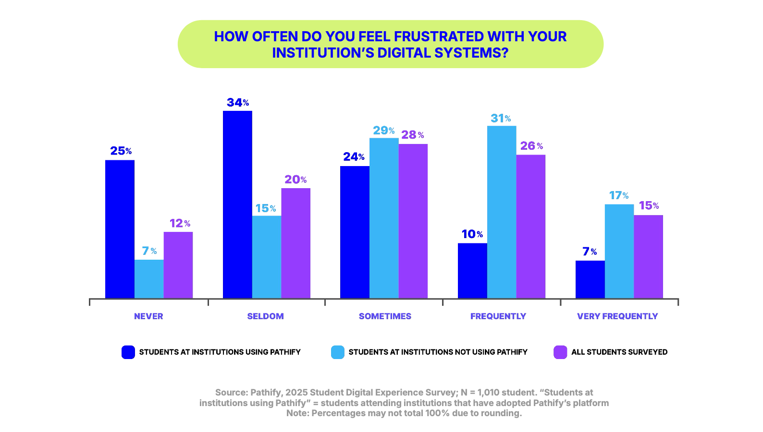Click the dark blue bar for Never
120,229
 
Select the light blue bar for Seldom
266,257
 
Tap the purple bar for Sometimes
413,221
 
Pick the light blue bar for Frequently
502,212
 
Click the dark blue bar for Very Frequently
590,279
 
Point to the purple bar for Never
178,265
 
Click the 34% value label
238,103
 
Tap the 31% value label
501,119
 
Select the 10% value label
472,234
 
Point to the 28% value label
413,135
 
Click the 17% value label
619,195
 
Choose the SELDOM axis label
265,316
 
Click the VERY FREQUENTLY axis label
617,316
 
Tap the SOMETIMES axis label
385,316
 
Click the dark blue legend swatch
128,352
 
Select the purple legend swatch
560,352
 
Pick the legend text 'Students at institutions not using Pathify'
438,352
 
